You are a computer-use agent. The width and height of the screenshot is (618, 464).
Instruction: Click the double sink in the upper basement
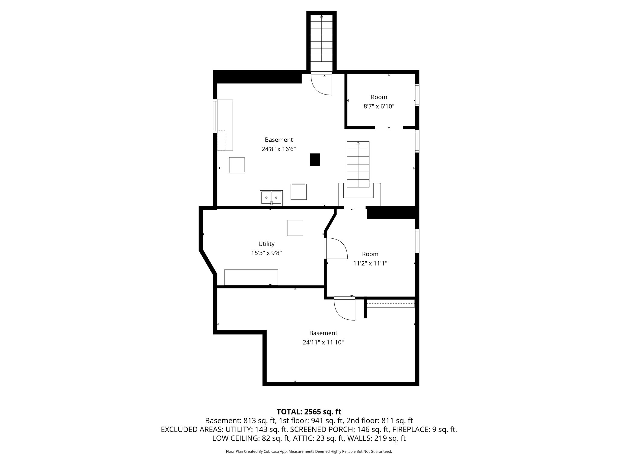point(271,198)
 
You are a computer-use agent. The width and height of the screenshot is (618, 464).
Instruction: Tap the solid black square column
point(315,159)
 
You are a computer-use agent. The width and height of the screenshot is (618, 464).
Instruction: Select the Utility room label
point(266,244)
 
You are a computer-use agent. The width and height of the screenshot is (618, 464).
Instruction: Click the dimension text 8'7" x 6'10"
point(379,106)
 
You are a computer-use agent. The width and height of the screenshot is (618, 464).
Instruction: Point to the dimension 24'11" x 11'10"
point(323,342)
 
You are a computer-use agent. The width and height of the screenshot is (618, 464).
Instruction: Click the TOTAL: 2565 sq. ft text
point(309,411)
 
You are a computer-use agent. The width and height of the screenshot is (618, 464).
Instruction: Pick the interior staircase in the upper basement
point(358,164)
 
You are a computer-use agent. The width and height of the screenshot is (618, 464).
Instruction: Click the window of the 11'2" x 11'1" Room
point(417,241)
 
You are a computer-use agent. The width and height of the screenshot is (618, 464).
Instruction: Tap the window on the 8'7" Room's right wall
point(417,95)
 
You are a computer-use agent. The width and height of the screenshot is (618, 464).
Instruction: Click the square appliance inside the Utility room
point(295,228)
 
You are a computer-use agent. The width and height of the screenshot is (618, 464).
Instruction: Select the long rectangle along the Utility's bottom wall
point(251,277)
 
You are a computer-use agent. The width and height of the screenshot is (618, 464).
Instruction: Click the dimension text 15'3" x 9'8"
point(266,253)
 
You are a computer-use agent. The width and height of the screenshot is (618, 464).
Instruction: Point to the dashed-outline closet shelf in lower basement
point(390,304)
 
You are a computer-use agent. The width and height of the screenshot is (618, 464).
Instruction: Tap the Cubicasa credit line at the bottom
point(309,451)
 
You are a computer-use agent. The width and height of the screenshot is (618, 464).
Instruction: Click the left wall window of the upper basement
point(215,116)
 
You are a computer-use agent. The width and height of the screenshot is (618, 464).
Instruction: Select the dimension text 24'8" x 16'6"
point(279,149)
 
